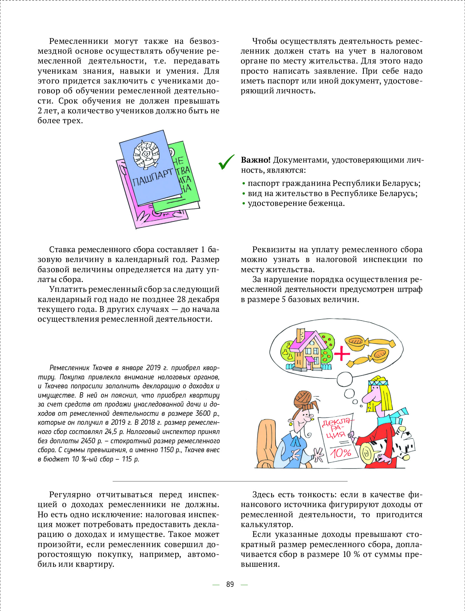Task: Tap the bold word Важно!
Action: click(x=255, y=160)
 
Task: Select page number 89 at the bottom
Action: click(x=230, y=584)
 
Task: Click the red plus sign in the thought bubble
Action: click(x=342, y=354)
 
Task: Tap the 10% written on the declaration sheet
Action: click(x=340, y=453)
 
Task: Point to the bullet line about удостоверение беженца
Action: click(x=296, y=204)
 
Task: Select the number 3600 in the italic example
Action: click(x=203, y=414)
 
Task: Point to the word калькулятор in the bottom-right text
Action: click(x=267, y=524)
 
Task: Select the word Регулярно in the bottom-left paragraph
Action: click(x=70, y=495)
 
